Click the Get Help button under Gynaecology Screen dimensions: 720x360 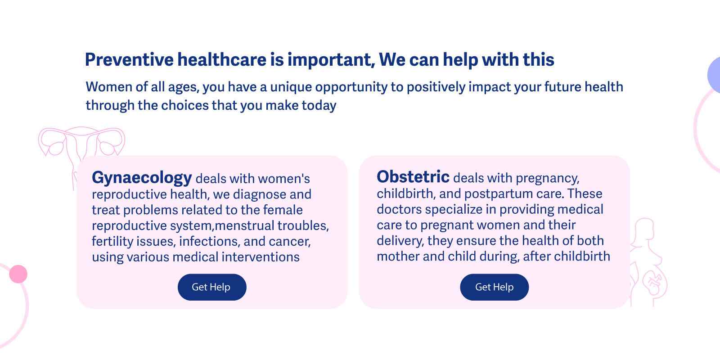click(x=212, y=287)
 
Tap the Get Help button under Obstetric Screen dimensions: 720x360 click(x=495, y=287)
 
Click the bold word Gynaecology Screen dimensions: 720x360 click(x=142, y=178)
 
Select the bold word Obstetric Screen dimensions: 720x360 click(x=413, y=177)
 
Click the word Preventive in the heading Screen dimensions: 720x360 click(x=129, y=60)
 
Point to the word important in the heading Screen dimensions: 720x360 click(x=331, y=60)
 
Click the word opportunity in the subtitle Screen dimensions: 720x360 click(x=351, y=87)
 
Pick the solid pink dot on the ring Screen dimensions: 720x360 click(x=18, y=274)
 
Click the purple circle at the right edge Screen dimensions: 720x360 click(x=715, y=75)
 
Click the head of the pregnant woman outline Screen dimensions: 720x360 click(x=644, y=229)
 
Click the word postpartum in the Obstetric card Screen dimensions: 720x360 click(x=507, y=194)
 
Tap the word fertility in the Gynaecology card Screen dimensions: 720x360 click(x=112, y=241)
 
